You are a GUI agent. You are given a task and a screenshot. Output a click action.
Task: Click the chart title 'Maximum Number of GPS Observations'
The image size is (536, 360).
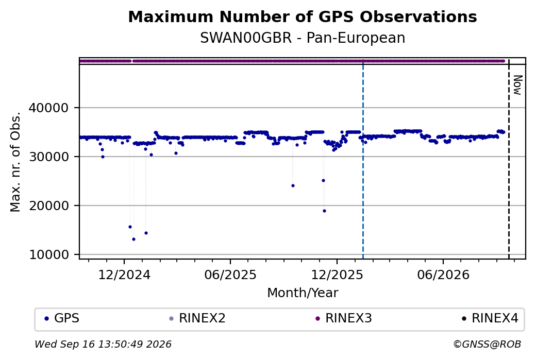pos(303,16)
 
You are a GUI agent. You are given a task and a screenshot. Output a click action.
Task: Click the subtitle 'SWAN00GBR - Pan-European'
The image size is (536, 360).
pos(303,38)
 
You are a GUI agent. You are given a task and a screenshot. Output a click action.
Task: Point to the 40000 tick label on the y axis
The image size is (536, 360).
pos(49,108)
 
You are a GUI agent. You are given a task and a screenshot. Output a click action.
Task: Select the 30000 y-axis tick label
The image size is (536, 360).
pos(49,157)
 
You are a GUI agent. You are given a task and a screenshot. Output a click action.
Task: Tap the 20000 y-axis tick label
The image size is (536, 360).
pos(49,205)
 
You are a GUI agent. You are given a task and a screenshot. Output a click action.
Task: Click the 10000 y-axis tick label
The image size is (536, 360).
pos(49,255)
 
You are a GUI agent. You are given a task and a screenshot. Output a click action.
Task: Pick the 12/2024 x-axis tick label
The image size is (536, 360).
pos(124,275)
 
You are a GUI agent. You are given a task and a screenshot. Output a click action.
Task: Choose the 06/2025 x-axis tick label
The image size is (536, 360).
pos(230,275)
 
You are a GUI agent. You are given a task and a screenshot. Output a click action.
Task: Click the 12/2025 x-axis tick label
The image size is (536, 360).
pos(337,275)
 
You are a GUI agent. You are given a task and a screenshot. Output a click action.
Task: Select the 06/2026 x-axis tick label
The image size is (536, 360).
pos(443,275)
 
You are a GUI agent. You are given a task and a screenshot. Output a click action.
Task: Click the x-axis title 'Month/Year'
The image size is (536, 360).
pos(303,293)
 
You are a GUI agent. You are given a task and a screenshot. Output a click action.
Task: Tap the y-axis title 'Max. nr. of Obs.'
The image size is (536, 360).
pos(15,162)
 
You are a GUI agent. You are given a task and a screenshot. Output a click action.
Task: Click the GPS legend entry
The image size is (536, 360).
pos(62,318)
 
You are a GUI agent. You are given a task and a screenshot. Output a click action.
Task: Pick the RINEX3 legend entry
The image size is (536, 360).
pos(344,318)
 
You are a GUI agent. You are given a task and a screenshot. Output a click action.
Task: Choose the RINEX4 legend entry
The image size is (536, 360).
pos(490,318)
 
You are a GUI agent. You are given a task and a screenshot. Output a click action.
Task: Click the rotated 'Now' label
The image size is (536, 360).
pos(518,85)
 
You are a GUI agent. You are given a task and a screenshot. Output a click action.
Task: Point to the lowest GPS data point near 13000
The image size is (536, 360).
pos(133,239)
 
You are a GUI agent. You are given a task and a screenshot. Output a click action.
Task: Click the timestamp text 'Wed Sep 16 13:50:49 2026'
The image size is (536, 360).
pos(103,344)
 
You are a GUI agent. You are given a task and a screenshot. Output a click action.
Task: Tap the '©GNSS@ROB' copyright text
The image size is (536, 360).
pos(487,344)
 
